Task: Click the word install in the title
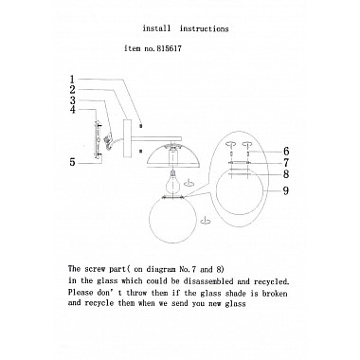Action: click(x=156, y=28)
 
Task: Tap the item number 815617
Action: click(x=167, y=48)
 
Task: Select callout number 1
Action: click(x=72, y=80)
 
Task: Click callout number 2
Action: click(x=73, y=90)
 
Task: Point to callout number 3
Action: click(x=73, y=100)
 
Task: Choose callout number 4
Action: click(x=73, y=110)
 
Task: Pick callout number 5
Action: click(x=73, y=162)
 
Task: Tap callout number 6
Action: click(x=286, y=152)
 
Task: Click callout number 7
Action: click(x=286, y=163)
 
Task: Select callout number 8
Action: click(x=286, y=174)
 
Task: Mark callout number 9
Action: click(x=286, y=190)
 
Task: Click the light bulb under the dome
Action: click(x=172, y=182)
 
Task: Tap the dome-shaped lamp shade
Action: click(x=173, y=154)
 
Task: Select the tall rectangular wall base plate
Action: click(x=127, y=138)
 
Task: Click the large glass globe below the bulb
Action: click(x=172, y=220)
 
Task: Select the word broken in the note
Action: click(x=275, y=294)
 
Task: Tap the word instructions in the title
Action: click(x=204, y=28)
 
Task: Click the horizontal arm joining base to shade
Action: click(x=156, y=138)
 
